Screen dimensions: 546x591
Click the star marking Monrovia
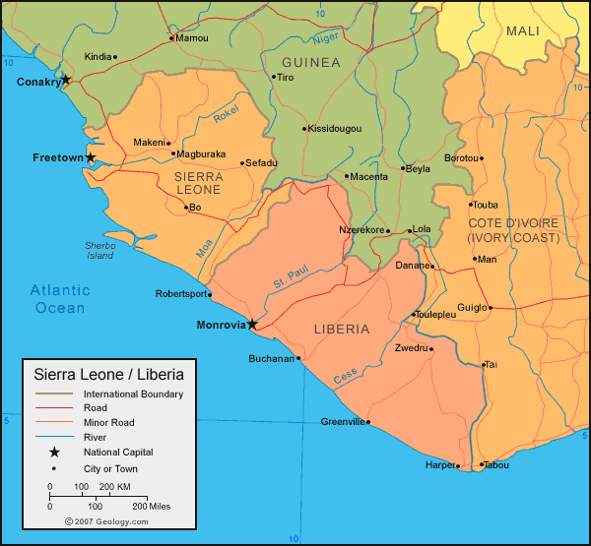click(252, 324)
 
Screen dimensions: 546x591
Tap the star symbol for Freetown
click(91, 157)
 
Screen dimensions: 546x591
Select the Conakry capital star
click(65, 80)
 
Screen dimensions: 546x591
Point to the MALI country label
click(523, 31)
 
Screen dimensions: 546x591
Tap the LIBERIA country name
click(342, 330)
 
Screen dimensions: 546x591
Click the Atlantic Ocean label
click(60, 299)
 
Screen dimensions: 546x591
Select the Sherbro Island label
click(100, 250)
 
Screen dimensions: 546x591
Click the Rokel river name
click(226, 114)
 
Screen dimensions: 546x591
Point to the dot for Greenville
click(368, 422)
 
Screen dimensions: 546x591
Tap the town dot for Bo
click(185, 208)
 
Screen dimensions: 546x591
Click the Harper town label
click(438, 464)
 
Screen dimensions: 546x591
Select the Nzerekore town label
click(361, 230)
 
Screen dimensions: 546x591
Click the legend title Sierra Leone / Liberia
click(108, 375)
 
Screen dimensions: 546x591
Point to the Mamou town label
click(192, 37)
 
